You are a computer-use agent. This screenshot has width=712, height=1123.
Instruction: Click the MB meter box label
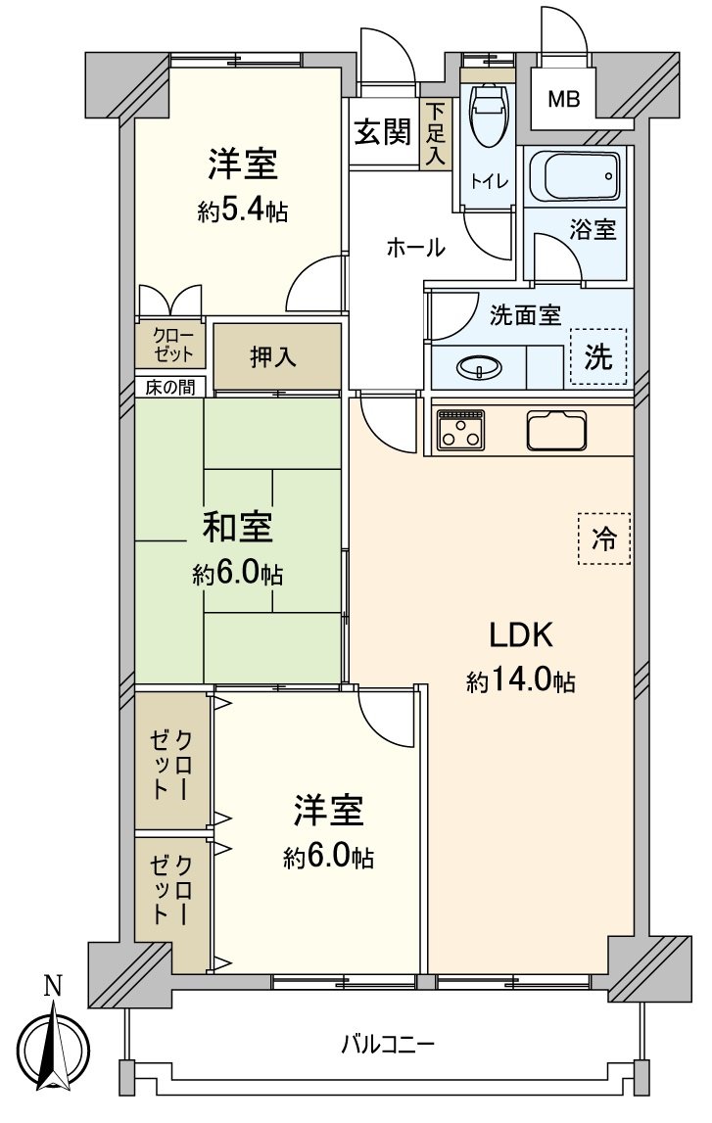562,98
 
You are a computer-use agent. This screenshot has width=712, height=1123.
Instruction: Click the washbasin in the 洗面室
479,368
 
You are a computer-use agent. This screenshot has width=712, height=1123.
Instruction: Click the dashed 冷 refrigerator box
603,538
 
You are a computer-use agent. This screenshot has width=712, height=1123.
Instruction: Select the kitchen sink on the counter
556,429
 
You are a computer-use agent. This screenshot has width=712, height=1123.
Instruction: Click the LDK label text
522,636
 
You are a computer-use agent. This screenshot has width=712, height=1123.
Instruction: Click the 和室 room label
238,529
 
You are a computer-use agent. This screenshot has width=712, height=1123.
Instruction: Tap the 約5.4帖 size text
242,211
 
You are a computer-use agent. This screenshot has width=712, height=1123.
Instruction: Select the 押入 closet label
273,357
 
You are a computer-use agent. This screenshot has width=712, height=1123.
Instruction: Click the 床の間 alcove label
168,387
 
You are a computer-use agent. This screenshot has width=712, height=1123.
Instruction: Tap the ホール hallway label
415,249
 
